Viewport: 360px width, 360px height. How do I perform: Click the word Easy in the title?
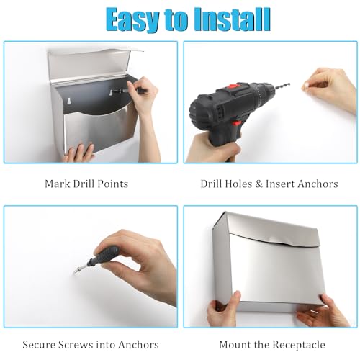click(x=132, y=20)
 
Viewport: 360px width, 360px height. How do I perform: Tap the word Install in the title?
click(x=233, y=19)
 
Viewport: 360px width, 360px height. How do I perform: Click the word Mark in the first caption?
click(x=57, y=184)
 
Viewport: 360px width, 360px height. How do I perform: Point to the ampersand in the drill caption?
click(x=259, y=184)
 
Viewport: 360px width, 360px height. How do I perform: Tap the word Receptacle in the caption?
click(x=299, y=346)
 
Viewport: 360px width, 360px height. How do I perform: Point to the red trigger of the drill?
click(x=237, y=124)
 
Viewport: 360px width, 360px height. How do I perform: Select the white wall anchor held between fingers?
click(x=307, y=85)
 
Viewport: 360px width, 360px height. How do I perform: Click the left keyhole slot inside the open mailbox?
click(x=70, y=101)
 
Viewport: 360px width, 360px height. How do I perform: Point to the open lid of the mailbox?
click(x=91, y=65)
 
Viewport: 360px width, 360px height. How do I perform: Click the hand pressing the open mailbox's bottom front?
click(x=78, y=153)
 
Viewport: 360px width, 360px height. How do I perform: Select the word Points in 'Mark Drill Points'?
click(x=114, y=184)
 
